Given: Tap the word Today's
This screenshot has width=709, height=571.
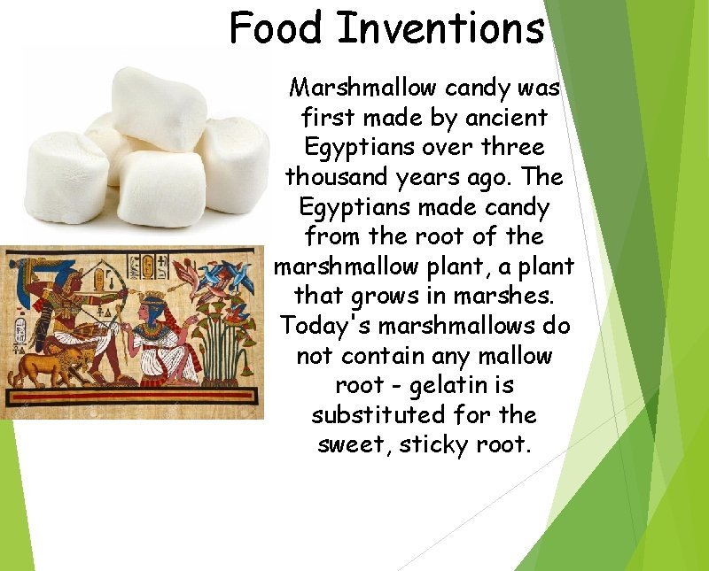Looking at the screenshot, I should tap(326, 326).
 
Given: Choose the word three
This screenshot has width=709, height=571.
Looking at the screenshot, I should tap(510, 146).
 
